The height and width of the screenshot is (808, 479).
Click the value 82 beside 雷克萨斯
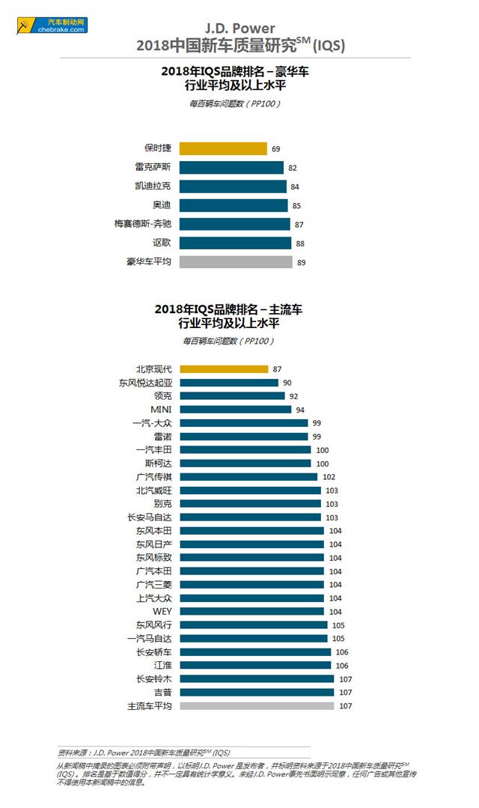click(293, 168)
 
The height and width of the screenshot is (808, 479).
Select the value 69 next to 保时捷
click(275, 149)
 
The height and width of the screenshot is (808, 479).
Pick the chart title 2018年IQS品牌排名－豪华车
click(239, 72)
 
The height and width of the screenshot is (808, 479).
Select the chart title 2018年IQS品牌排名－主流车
click(239, 309)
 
